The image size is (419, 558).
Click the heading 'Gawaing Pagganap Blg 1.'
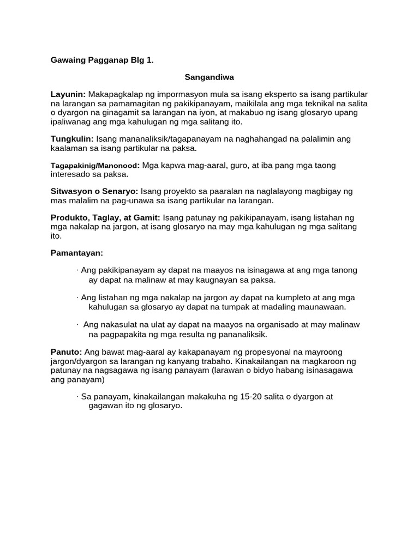[102, 60]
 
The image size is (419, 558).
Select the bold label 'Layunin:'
[68, 94]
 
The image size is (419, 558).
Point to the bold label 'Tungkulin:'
[72, 139]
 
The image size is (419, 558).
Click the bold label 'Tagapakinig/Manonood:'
[95, 165]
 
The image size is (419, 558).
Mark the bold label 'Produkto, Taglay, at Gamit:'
[105, 217]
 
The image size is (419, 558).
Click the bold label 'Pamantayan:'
[76, 253]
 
